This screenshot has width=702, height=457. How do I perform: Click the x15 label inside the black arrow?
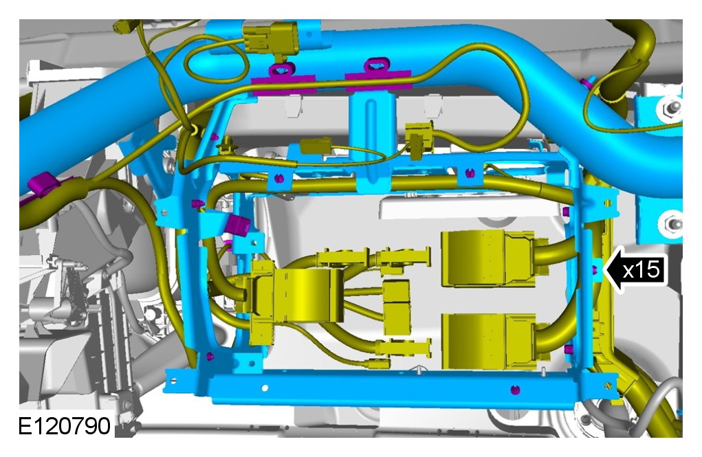tap(641, 270)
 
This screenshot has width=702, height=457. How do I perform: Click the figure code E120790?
tap(65, 425)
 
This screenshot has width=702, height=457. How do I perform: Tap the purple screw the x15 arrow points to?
tap(595, 269)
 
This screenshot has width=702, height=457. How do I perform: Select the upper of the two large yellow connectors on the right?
tap(489, 258)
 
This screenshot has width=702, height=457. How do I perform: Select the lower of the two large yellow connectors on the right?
tap(489, 341)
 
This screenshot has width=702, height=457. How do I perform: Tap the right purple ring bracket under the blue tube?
tap(377, 75)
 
